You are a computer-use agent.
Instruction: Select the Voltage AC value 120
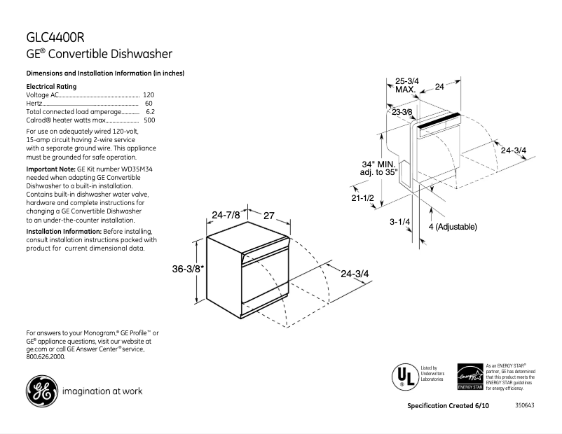point(149,94)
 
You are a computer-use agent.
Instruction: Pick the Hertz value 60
point(149,103)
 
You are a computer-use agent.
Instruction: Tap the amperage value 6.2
point(150,111)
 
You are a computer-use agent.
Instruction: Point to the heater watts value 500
point(149,120)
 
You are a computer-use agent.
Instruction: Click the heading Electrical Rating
point(51,86)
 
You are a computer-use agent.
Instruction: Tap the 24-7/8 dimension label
point(226,216)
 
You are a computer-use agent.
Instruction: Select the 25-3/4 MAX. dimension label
point(406,85)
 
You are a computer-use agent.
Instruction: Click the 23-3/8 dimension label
point(402,112)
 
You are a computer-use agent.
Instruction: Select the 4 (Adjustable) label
point(452,227)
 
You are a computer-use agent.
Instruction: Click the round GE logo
point(41,391)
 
